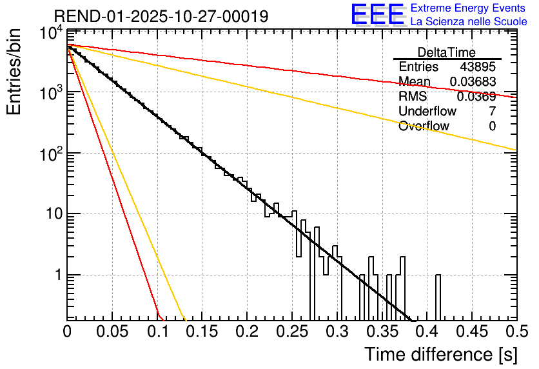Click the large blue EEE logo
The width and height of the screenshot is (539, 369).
point(377,14)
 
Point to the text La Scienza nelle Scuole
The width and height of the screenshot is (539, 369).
point(469,21)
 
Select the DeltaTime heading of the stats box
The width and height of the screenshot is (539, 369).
point(446,52)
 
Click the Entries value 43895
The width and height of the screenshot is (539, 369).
point(478,67)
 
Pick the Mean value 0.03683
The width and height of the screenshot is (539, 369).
point(473,82)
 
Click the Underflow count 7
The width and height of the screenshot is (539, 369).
point(492,111)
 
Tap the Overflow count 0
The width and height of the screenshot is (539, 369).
point(492,126)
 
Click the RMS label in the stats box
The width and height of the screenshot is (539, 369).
point(413,97)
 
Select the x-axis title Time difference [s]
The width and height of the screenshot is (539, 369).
point(440,354)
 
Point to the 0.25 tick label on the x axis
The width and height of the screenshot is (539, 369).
point(292,333)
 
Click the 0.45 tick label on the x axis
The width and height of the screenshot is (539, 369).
point(471,333)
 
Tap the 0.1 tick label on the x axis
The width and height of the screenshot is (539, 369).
point(157,333)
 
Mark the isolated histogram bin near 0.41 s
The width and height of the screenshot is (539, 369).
point(438,297)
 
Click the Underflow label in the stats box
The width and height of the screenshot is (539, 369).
point(427,111)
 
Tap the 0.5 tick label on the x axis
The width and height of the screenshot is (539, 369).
point(516,333)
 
